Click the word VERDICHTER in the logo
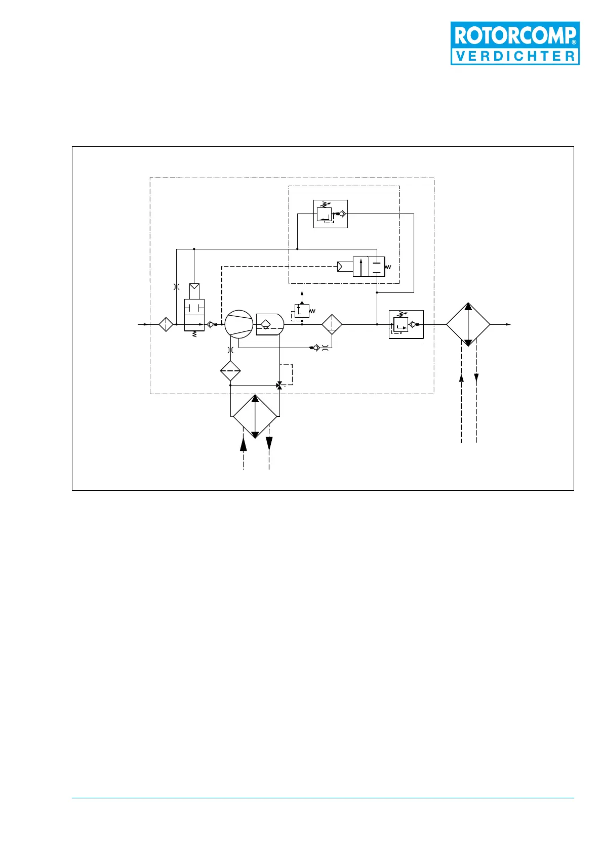[515, 56]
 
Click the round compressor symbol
[238, 324]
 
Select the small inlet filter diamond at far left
[166, 324]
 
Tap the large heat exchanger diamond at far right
[468, 324]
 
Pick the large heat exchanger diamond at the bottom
[255, 417]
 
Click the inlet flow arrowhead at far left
[146, 324]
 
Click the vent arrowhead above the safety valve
[302, 293]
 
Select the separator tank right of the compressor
[270, 324]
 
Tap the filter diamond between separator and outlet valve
[332, 324]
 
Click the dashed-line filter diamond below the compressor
[230, 371]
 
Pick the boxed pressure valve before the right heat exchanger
[406, 324]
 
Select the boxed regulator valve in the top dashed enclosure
[330, 214]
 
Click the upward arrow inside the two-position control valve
[360, 266]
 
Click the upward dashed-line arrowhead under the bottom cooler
[244, 444]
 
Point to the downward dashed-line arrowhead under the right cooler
[476, 379]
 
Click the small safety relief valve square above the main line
[302, 311]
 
